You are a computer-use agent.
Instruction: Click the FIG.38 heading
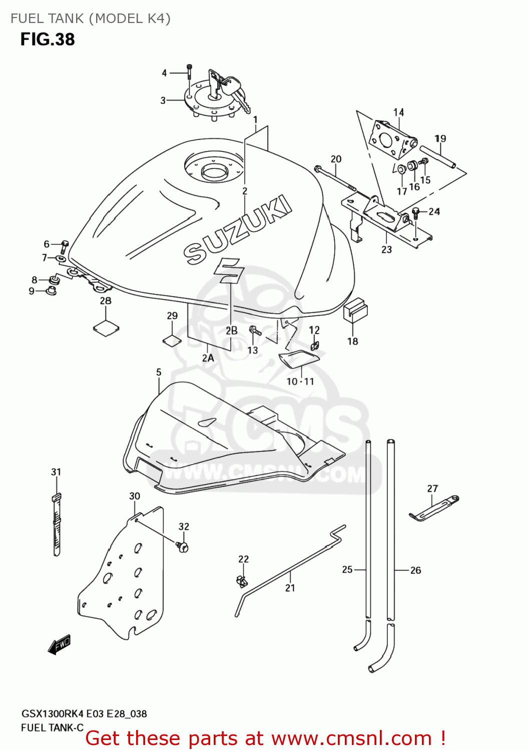pos(48,39)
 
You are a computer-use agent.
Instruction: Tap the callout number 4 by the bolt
pos(164,73)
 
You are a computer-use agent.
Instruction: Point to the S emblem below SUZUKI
pos(229,270)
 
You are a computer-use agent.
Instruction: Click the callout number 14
pos(398,112)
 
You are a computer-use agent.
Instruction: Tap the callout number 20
pos(336,159)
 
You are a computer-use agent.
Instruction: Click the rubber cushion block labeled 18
pos(355,310)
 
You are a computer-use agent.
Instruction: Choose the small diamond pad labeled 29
pos(172,340)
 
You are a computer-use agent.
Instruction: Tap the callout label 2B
pos(231,330)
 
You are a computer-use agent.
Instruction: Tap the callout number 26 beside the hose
pos(415,570)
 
